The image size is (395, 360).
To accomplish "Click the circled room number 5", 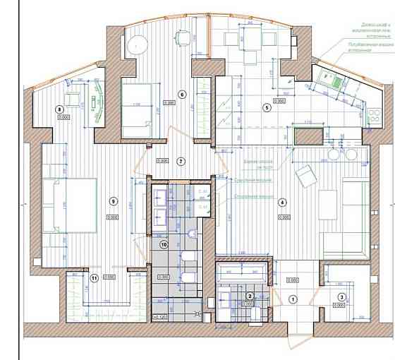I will (267, 108).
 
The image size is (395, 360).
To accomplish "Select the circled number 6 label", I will (181, 94).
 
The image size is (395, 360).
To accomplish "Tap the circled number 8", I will (60, 109).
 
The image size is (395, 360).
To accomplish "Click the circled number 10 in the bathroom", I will (164, 245).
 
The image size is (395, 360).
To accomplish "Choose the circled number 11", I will (94, 277).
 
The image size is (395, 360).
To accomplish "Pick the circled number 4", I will (282, 202).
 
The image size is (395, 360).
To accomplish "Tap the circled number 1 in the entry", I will (293, 299).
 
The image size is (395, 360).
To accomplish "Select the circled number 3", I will (341, 298).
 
